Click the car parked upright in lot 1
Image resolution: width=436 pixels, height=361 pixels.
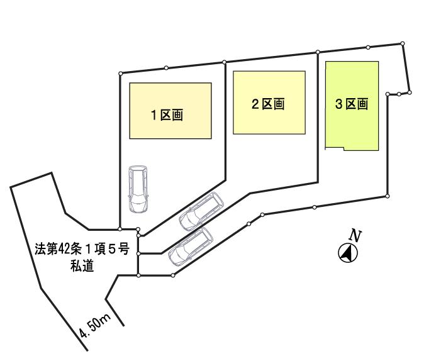click(137, 189)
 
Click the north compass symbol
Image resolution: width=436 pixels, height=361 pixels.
click(349, 253)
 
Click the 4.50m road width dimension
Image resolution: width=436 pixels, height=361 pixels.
click(94, 327)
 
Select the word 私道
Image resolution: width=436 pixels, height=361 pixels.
click(82, 266)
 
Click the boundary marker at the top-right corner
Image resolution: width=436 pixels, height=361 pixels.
click(402, 43)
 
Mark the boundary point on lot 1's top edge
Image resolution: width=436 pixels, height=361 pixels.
click(165, 67)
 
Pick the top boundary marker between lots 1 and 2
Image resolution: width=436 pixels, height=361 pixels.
click(225, 61)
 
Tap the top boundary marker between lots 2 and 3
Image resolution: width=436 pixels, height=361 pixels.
click(318, 52)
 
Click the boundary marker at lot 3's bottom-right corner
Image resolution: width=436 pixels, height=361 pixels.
click(387, 196)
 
